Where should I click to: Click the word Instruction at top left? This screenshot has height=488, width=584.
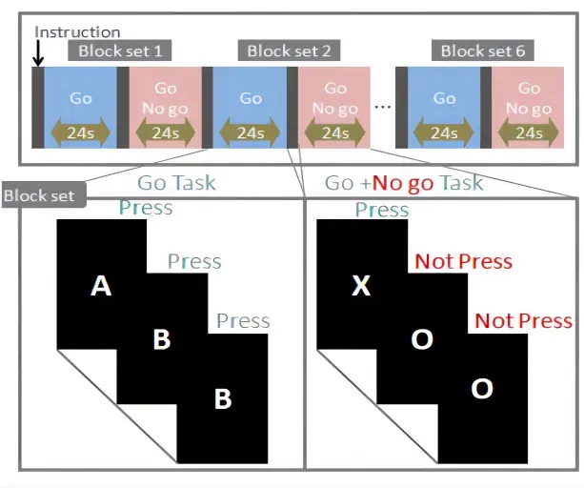tap(77, 31)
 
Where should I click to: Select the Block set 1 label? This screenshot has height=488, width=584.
tap(124, 51)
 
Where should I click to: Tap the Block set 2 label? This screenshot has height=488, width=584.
tap(294, 51)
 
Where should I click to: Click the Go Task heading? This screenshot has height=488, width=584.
tap(176, 183)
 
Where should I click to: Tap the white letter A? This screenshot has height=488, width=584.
tap(100, 285)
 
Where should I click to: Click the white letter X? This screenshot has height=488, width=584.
tap(360, 285)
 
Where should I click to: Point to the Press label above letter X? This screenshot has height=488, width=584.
tap(382, 209)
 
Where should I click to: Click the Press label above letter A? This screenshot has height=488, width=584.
tap(146, 207)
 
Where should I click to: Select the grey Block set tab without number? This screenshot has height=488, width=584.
tap(43, 195)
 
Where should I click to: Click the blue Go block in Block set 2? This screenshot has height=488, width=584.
tap(251, 98)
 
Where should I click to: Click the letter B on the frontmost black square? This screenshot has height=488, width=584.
tap(222, 397)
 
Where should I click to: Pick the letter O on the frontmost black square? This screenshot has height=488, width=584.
tap(482, 389)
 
